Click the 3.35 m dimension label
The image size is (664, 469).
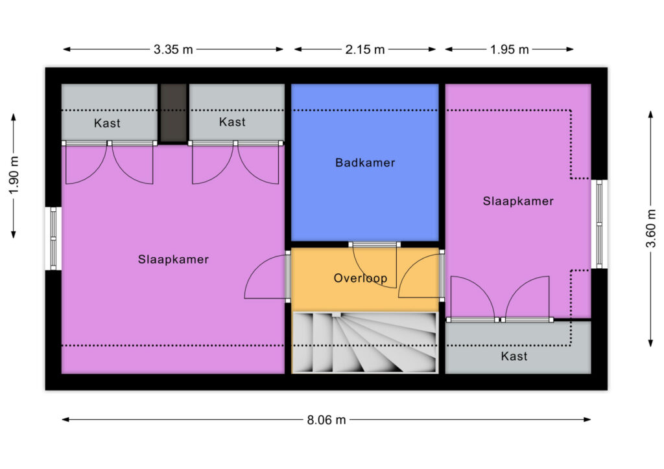pyautogui.click(x=173, y=49)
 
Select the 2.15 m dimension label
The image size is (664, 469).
pyautogui.click(x=365, y=49)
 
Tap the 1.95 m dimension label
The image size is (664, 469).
pyautogui.click(x=509, y=49)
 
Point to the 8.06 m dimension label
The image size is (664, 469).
pyautogui.click(x=326, y=420)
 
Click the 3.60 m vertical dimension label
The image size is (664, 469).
pyautogui.click(x=652, y=228)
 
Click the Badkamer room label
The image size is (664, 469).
pyautogui.click(x=365, y=163)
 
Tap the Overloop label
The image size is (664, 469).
pyautogui.click(x=361, y=279)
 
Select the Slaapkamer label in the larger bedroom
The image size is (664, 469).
pyautogui.click(x=173, y=259)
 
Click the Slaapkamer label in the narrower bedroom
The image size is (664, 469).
pyautogui.click(x=518, y=201)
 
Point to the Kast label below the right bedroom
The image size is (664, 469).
pyautogui.click(x=514, y=356)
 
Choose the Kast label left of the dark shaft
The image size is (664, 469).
pyautogui.click(x=107, y=123)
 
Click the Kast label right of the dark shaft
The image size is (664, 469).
pyautogui.click(x=232, y=122)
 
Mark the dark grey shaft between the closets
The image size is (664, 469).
pyautogui.click(x=173, y=113)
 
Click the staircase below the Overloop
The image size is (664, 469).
pyautogui.click(x=364, y=342)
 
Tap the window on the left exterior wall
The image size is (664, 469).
pyautogui.click(x=54, y=238)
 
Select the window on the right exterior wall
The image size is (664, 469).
pyautogui.click(x=599, y=223)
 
